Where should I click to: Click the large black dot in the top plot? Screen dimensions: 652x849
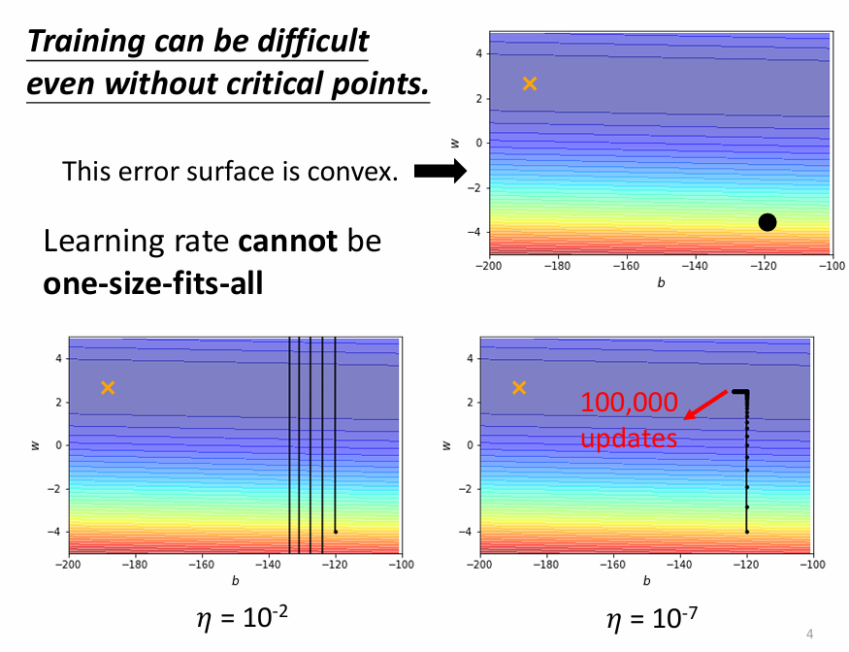(x=767, y=222)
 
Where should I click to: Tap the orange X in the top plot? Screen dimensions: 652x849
(x=529, y=83)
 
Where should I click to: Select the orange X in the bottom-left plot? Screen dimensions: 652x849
(x=108, y=388)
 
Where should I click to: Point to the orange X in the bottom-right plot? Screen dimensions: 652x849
(x=519, y=388)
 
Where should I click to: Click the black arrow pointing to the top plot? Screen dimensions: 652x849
(x=441, y=172)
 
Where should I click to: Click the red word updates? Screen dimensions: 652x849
(x=628, y=439)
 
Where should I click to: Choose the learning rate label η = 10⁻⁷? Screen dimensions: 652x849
(x=651, y=616)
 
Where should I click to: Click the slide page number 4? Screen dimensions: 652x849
(x=810, y=634)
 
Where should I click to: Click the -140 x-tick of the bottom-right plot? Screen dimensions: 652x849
(x=679, y=564)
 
